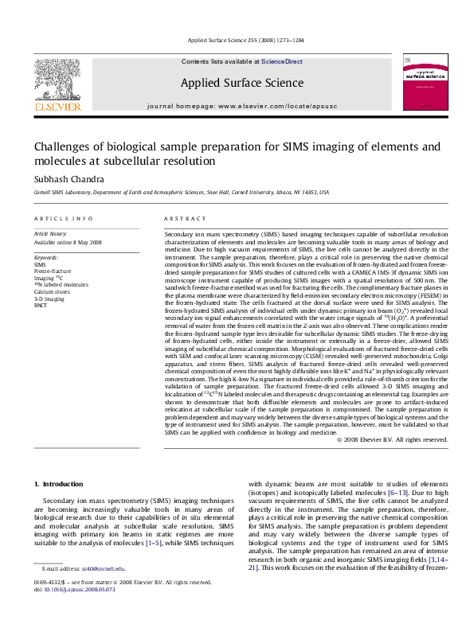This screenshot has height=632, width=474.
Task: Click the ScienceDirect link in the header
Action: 282,61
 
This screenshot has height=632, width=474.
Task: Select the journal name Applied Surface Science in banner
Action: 241,83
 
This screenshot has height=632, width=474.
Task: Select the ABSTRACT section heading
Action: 180,218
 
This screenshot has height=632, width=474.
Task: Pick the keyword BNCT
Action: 41,305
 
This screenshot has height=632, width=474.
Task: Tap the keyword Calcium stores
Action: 52,291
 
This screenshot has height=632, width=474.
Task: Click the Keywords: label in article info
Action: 47,257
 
